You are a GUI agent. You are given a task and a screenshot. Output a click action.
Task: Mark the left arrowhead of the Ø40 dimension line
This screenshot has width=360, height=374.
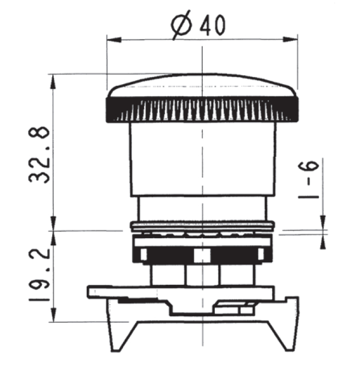tap(110, 39)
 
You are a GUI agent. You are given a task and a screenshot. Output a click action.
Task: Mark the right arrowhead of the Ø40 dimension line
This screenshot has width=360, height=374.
tap(294, 39)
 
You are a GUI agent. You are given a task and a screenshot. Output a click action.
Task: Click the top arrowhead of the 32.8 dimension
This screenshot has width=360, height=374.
tap(53, 80)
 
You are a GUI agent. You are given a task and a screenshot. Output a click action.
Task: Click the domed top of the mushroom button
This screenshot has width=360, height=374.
tap(202, 85)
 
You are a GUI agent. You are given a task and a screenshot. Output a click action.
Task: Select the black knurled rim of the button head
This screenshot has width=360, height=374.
tap(202, 110)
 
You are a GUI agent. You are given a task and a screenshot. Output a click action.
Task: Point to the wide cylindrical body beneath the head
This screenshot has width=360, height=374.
tap(202, 159)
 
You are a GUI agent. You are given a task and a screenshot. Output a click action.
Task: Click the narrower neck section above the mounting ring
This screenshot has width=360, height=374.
tap(202, 209)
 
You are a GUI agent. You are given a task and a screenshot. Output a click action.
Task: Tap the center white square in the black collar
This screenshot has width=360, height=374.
tap(203, 255)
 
